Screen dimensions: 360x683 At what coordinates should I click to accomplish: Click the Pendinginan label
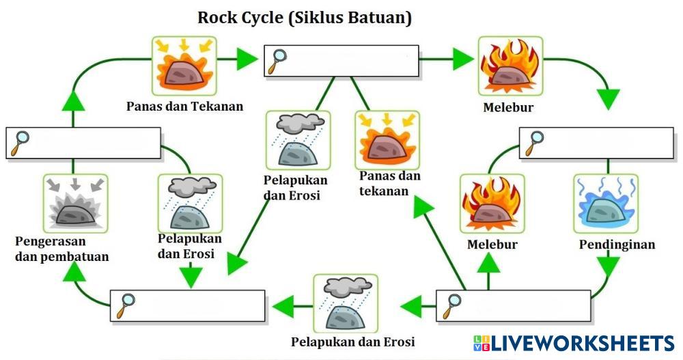pyautogui.click(x=617, y=244)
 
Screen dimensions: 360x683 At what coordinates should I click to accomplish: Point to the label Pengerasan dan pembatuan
pyautogui.click(x=61, y=249)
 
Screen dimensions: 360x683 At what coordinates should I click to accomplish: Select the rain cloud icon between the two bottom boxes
pyautogui.click(x=345, y=305)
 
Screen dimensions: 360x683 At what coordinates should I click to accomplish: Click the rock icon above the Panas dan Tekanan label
pyautogui.click(x=184, y=68)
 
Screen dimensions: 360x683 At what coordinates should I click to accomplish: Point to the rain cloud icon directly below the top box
pyautogui.click(x=298, y=142)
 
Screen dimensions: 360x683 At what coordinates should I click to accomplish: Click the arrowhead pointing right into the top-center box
pyautogui.click(x=246, y=60)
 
